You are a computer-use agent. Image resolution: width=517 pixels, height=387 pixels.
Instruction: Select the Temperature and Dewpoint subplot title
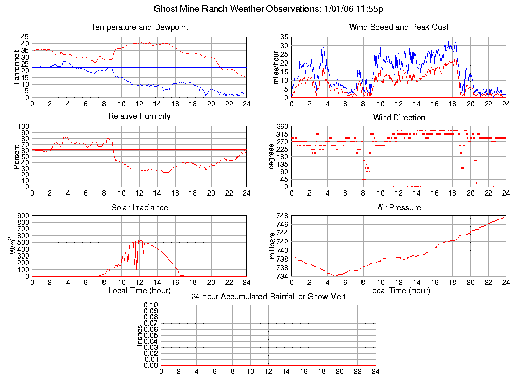coord(139,27)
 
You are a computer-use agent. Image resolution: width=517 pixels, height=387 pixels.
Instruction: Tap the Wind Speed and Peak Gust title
coord(399,27)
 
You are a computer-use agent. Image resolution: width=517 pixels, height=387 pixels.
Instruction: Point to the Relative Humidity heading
coord(139,116)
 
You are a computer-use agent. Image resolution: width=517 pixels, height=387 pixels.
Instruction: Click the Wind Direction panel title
coord(399,118)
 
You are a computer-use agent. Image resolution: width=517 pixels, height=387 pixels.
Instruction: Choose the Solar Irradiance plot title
coord(139,208)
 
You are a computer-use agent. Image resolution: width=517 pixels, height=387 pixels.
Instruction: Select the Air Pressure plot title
coord(399,208)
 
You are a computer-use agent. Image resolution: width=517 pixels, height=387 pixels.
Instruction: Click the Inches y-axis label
coord(139,335)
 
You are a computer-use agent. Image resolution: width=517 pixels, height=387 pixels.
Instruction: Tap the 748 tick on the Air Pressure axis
coord(283,216)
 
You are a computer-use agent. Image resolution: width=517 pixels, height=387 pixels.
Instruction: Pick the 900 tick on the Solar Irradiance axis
coord(23,216)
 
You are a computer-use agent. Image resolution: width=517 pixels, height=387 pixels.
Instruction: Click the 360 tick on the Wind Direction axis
coord(283,126)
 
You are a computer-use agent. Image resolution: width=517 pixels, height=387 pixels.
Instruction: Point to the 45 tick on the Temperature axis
coord(25,37)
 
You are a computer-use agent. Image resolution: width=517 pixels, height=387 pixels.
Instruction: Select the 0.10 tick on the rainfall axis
coord(151,305)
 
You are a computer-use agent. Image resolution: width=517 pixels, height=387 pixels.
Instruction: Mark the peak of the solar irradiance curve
coord(141,240)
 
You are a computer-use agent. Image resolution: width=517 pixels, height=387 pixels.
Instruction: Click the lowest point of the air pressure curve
coord(335,276)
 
